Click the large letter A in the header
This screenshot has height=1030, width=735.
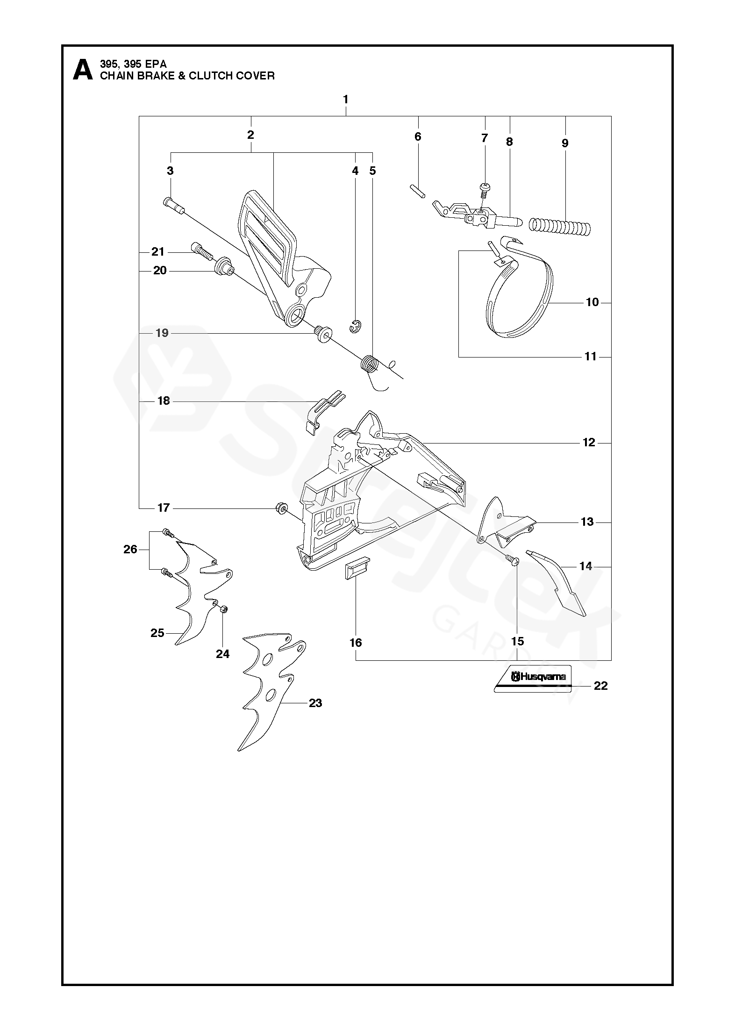[83, 70]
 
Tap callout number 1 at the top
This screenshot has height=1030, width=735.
[345, 100]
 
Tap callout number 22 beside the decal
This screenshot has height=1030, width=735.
[600, 686]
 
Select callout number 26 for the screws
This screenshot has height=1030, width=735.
[130, 549]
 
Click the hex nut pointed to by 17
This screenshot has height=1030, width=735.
[281, 507]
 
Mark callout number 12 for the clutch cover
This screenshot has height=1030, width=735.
[589, 442]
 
